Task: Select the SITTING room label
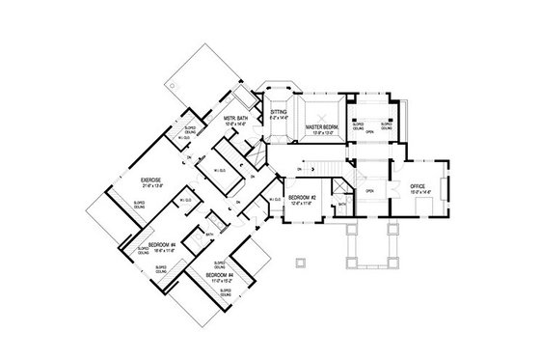pos(279,111)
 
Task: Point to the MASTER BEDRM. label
pos(322,126)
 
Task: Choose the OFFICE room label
pos(418,185)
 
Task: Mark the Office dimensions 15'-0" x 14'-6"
pos(418,192)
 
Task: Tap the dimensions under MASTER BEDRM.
pos(322,133)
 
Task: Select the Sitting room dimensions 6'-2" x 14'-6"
pos(279,118)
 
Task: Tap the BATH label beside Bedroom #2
pos(342,205)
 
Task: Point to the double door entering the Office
pos(394,180)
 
